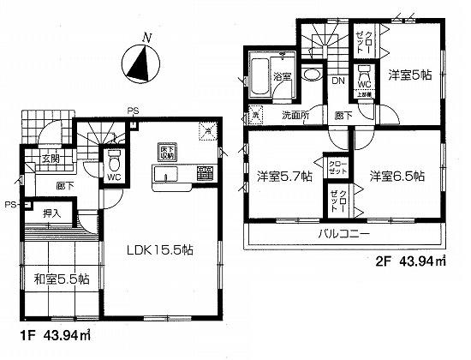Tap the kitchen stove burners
(205, 174)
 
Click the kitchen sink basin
(165, 176)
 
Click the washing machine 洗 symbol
(254, 114)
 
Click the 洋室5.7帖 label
(284, 177)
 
